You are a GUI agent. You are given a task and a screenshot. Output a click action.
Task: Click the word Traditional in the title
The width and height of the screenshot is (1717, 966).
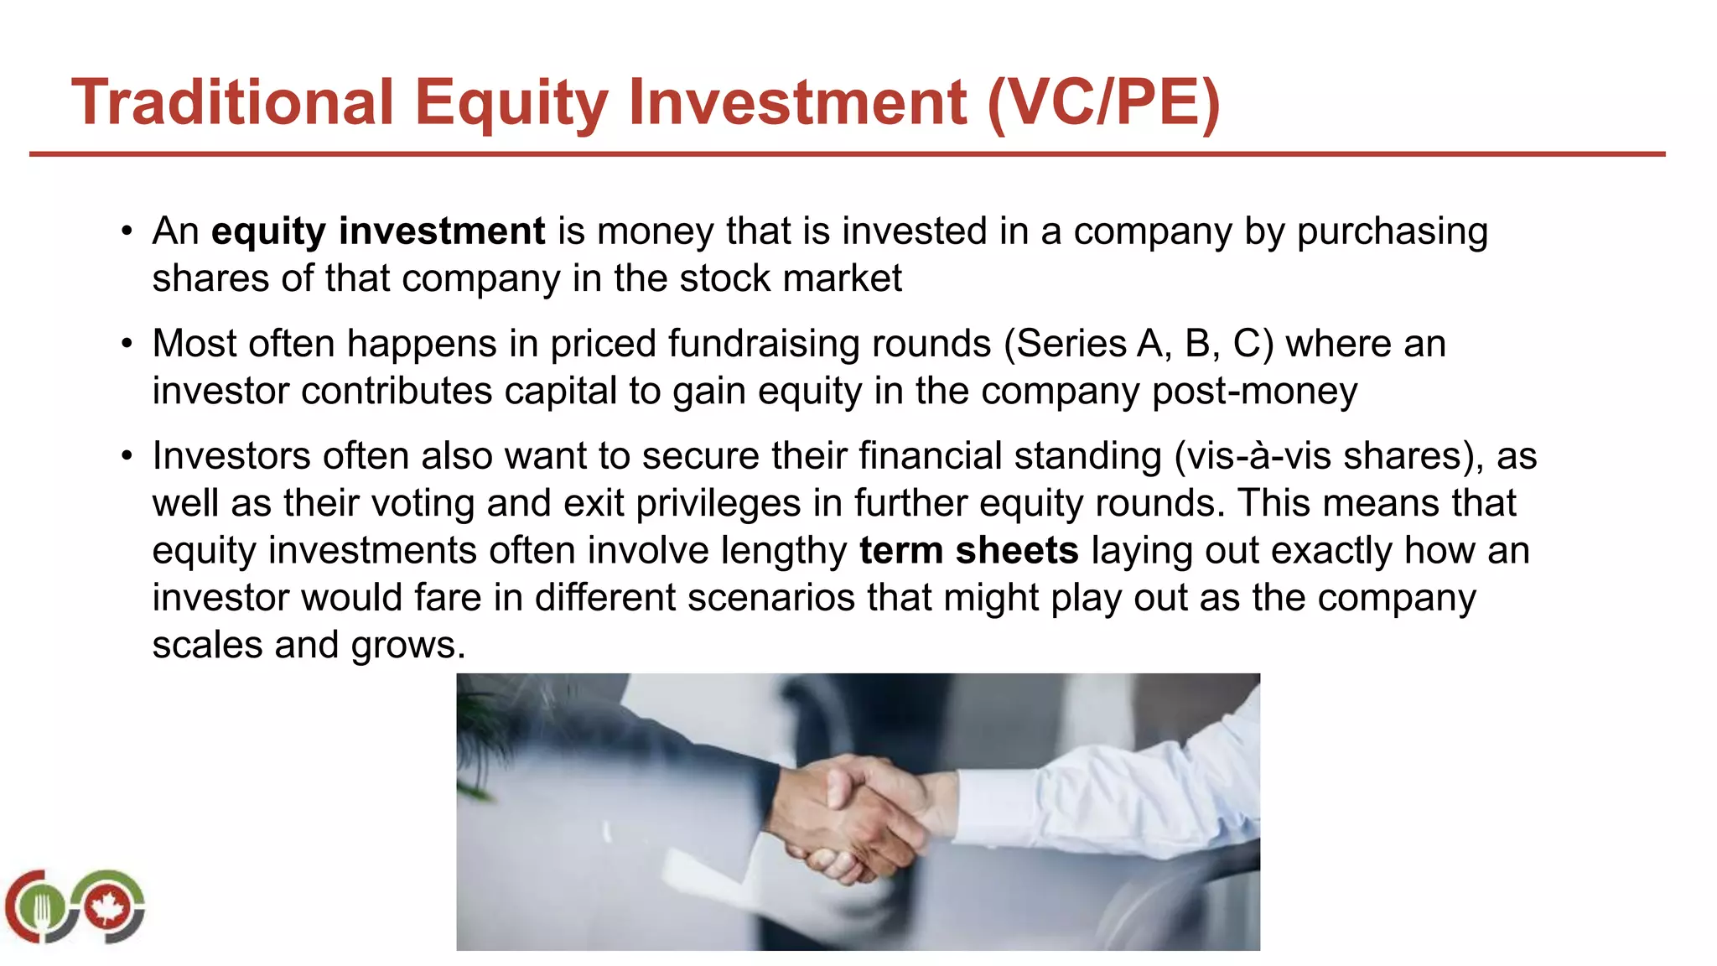point(232,102)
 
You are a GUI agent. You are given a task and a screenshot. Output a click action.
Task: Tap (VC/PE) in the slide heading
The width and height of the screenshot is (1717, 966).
point(1103,102)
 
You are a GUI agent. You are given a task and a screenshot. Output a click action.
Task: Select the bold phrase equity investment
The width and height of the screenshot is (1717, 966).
point(378,231)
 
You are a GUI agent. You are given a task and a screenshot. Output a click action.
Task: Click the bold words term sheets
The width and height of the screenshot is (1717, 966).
point(969,551)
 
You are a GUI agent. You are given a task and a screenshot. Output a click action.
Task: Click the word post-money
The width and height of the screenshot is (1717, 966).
point(1255,392)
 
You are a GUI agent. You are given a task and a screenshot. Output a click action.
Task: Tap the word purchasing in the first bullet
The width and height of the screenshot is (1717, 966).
point(1393,231)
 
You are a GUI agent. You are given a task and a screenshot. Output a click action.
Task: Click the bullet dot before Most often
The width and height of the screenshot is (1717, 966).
point(127,344)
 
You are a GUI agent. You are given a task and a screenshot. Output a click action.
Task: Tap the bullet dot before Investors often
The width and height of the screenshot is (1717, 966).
point(127,456)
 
